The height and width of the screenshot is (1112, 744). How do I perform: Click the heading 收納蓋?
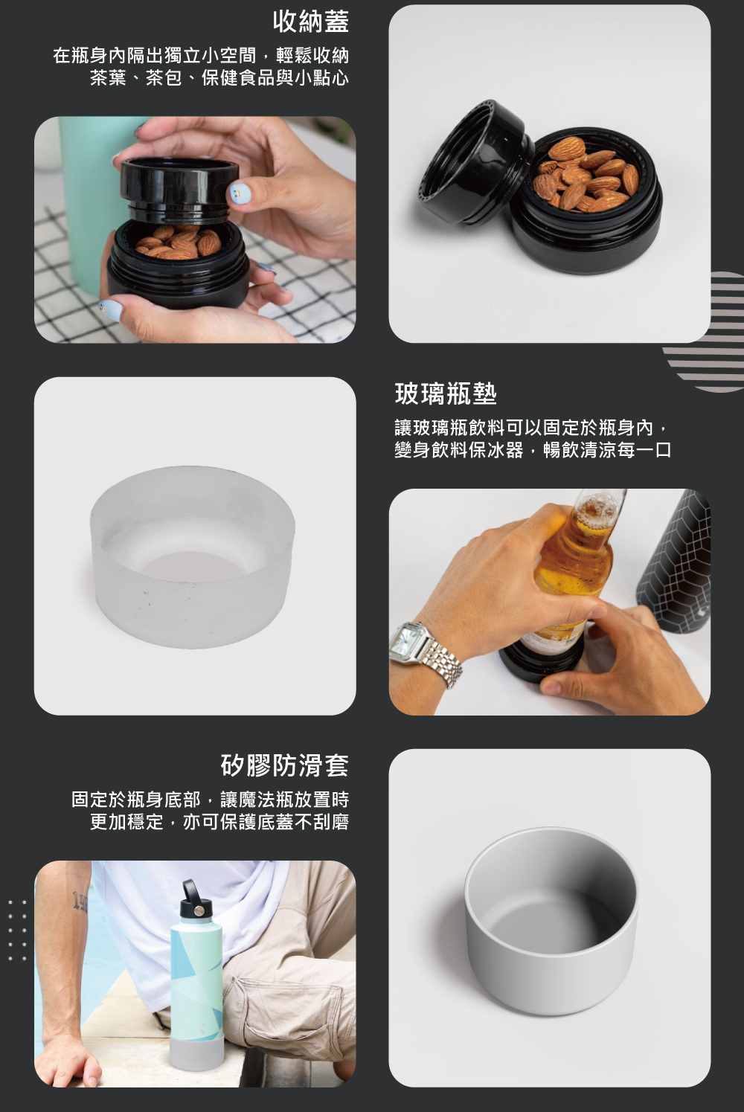pos(311,22)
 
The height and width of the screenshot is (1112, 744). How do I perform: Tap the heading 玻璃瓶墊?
pos(446,393)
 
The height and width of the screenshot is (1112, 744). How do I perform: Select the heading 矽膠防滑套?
pos(285,765)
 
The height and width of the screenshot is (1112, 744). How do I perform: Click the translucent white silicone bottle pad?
pos(193,556)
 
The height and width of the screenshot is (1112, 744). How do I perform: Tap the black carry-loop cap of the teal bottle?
pos(195,900)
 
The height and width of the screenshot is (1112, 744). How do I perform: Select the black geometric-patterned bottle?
pos(676,561)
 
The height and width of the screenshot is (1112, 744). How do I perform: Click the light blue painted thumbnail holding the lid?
pos(240,193)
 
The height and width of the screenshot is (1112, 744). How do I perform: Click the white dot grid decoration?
pos(17,931)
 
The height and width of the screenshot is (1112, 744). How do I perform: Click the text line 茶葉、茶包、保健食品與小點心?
pos(219,78)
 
